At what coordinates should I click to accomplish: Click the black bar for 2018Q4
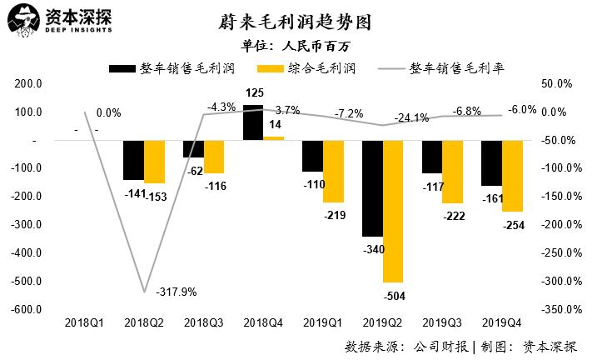pos(253,122)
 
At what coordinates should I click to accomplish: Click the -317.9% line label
pos(177,291)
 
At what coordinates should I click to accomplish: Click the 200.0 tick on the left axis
pos(29,84)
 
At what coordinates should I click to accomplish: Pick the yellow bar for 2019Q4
pos(512,176)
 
